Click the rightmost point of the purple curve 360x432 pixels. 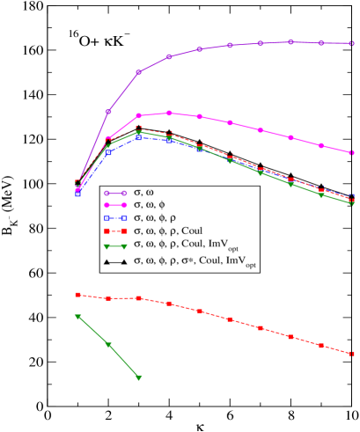pos(352,43)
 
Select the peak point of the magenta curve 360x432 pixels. pos(169,113)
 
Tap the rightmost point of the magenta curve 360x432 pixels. pos(352,153)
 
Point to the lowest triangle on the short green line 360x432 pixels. pos(139,377)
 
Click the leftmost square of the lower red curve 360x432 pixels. pos(78,295)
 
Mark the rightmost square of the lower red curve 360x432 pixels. pos(352,354)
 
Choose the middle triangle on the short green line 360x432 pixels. pos(109,345)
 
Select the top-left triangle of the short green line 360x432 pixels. pos(78,316)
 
